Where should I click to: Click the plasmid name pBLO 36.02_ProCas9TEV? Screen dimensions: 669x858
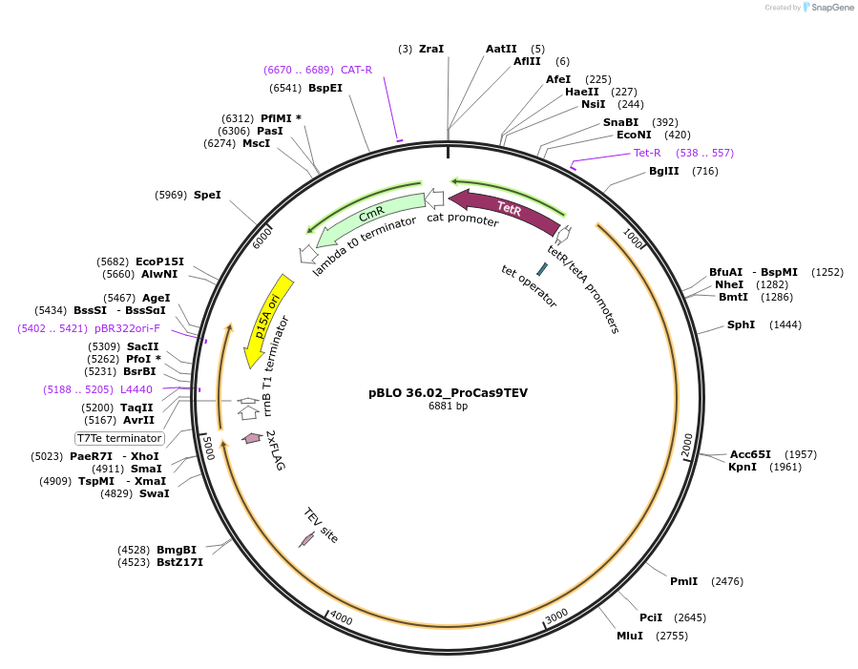coord(448,392)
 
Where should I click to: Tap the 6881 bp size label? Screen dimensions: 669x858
coord(448,407)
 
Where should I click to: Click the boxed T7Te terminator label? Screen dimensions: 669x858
coord(120,438)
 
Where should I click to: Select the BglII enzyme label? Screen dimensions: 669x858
coord(664,171)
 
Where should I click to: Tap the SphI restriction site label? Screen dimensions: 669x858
coord(741,324)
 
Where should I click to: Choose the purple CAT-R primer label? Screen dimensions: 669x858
coord(356,70)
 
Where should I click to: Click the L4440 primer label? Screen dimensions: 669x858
coord(136,389)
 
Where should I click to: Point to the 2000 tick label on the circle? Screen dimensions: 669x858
coord(687,445)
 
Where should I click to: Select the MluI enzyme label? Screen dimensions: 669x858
coord(630,636)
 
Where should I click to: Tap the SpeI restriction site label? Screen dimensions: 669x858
coord(207,195)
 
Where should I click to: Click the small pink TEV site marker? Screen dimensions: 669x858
coord(306,540)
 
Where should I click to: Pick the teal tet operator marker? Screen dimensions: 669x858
coord(542,269)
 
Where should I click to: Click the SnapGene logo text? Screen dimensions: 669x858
coord(833,8)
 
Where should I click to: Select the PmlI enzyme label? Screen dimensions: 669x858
coord(683,581)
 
